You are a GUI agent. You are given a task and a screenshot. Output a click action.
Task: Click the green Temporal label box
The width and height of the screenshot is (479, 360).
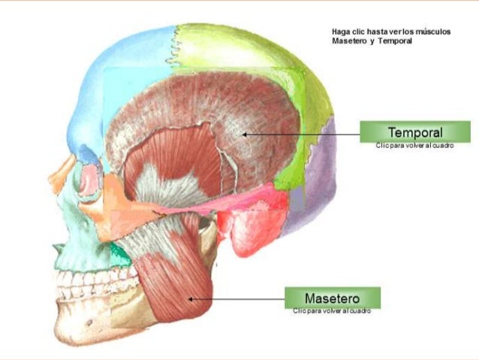(x=414, y=132)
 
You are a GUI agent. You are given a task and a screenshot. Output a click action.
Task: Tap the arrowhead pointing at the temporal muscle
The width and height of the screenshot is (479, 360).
(x=244, y=135)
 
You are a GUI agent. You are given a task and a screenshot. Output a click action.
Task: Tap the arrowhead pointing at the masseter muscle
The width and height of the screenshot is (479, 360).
(x=190, y=298)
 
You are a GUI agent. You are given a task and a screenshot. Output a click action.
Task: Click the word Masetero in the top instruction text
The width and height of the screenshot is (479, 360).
(x=349, y=40)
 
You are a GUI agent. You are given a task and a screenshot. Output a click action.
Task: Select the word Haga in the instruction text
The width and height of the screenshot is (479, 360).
(x=340, y=32)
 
